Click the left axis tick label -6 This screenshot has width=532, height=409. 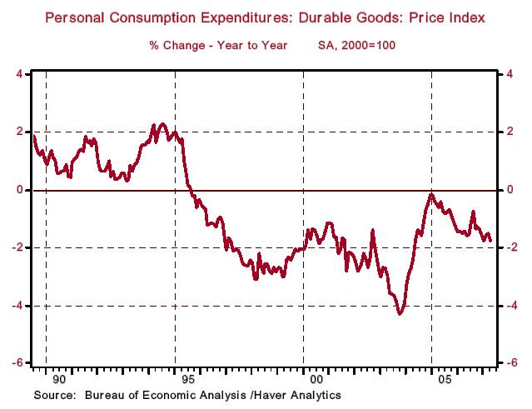tap(17, 364)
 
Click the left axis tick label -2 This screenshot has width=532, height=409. tap(17, 248)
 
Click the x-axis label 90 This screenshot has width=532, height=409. tap(57, 379)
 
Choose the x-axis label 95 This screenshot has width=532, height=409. tap(187, 379)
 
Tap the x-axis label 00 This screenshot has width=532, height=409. tap(316, 379)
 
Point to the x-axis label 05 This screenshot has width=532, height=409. tap(445, 379)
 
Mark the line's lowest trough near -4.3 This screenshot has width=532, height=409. tap(400, 313)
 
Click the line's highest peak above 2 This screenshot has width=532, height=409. tap(162, 124)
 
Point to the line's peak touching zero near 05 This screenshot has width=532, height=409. tap(430, 194)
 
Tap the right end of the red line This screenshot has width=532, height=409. tap(490, 241)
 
